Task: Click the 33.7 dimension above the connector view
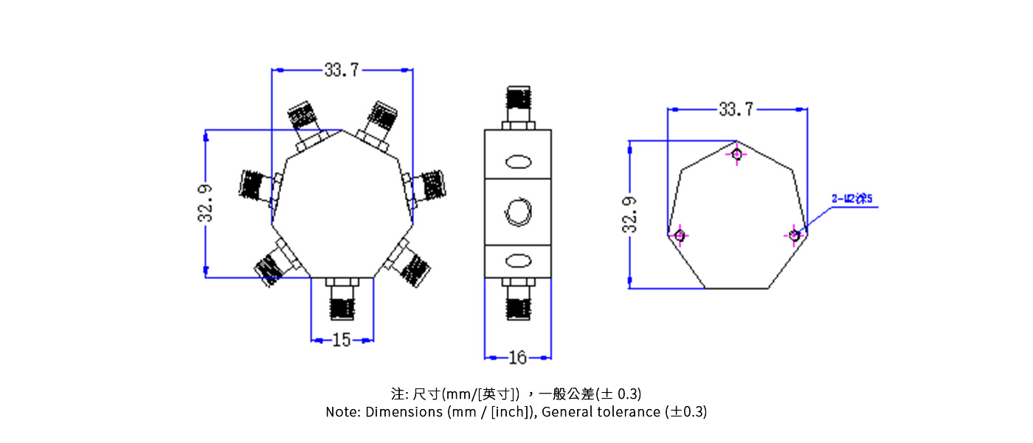coord(341,70)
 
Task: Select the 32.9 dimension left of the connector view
coord(206,203)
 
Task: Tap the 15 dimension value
coord(342,340)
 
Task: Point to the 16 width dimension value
coord(518,358)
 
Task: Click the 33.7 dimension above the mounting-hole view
coord(736,109)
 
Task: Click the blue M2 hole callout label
coord(851,199)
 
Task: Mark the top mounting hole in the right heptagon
coord(736,154)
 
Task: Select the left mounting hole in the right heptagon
coord(680,236)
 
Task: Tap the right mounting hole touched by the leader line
coord(794,236)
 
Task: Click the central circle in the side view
coord(518,212)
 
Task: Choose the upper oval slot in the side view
coord(518,162)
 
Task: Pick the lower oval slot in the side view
coord(518,261)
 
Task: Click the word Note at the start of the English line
coord(342,412)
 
